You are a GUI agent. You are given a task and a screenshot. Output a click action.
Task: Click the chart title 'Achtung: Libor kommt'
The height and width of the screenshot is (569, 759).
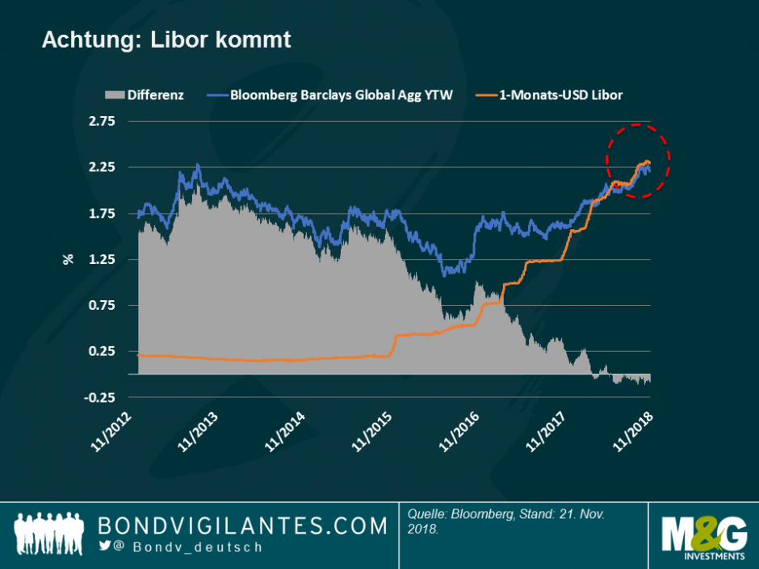pyautogui.click(x=166, y=40)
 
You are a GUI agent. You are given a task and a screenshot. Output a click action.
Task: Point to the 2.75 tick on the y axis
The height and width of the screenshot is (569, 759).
pyautogui.click(x=103, y=121)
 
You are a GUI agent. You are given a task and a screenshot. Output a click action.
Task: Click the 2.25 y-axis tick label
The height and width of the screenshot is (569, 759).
pyautogui.click(x=103, y=167)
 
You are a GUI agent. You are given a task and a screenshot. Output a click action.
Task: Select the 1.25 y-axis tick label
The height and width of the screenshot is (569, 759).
pyautogui.click(x=103, y=259)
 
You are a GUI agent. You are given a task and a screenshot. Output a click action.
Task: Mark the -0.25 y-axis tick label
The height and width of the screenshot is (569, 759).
pyautogui.click(x=100, y=397)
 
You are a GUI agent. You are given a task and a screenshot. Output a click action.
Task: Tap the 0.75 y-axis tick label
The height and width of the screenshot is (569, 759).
pyautogui.click(x=103, y=305)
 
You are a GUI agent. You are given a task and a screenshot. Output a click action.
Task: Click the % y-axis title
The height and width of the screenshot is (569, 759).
pyautogui.click(x=69, y=259)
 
